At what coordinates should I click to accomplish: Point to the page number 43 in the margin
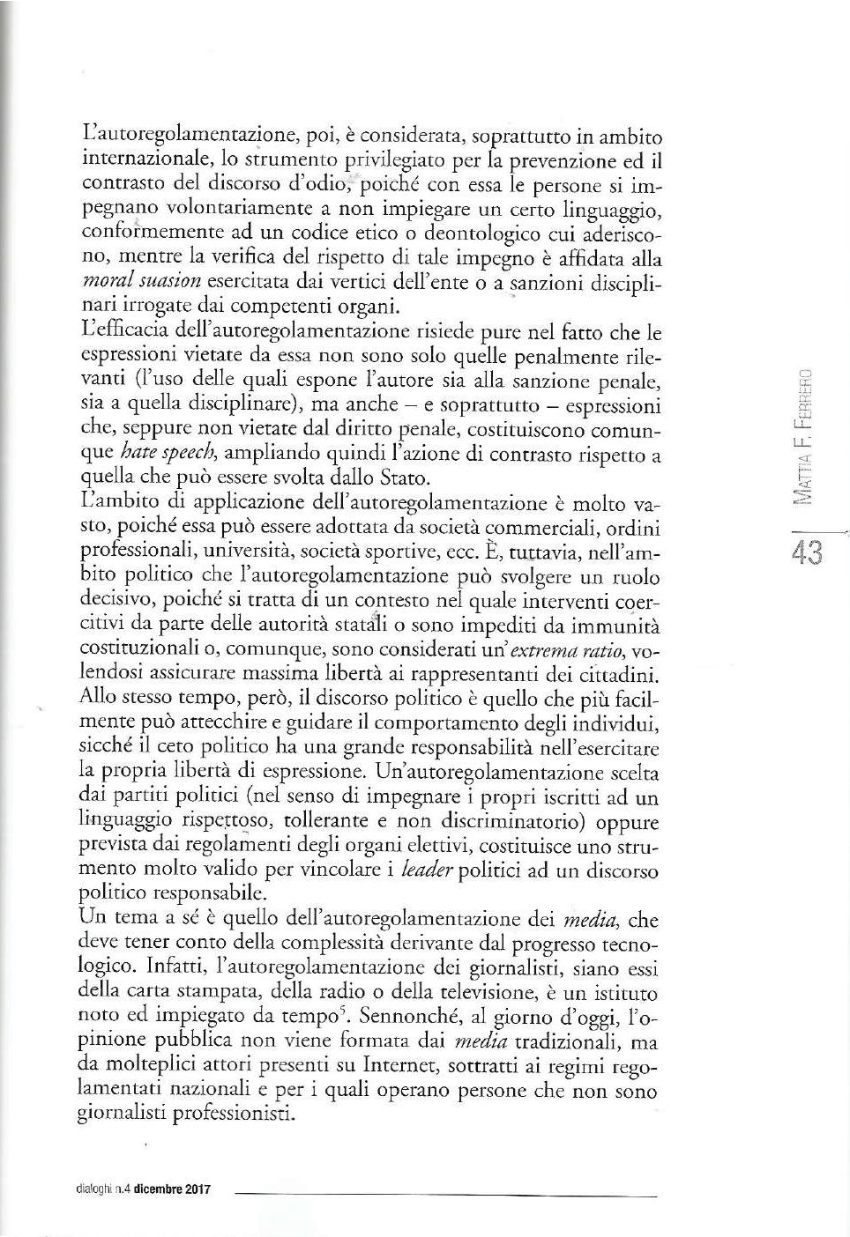(808, 552)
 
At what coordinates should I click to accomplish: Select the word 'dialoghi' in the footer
(93, 1189)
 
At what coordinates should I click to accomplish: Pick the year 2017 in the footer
(198, 1189)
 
